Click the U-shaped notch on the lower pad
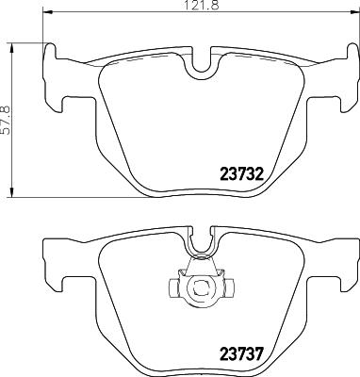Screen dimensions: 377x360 [x=199, y=247]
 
